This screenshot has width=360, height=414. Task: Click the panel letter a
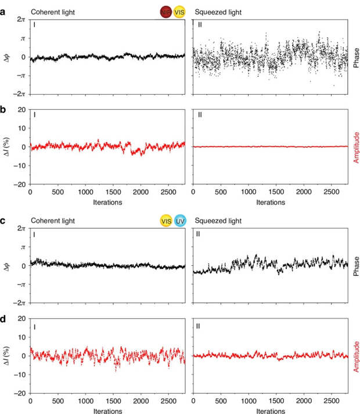pos(4,11)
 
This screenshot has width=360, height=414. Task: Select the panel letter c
pos(4,219)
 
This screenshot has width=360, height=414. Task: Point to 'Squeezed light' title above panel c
pos(218,220)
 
